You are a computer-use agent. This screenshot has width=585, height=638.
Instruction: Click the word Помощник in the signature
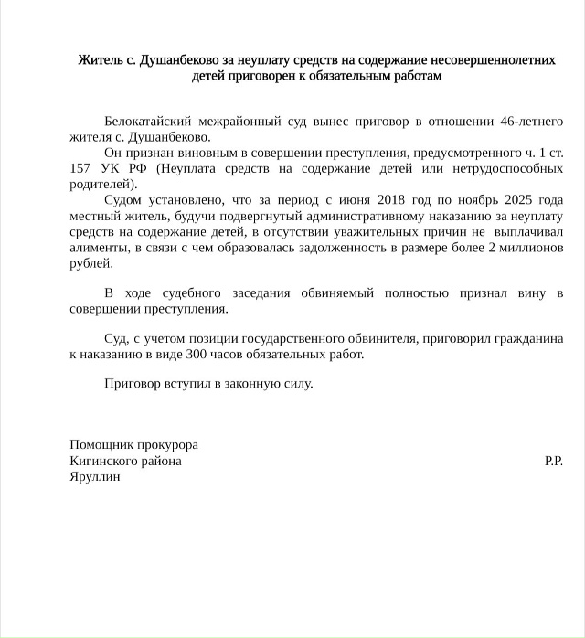click(x=103, y=445)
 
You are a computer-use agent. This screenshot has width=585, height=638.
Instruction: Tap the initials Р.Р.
click(x=553, y=461)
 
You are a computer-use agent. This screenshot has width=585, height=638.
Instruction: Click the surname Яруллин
click(x=94, y=476)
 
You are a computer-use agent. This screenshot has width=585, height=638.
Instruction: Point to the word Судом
click(x=123, y=200)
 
